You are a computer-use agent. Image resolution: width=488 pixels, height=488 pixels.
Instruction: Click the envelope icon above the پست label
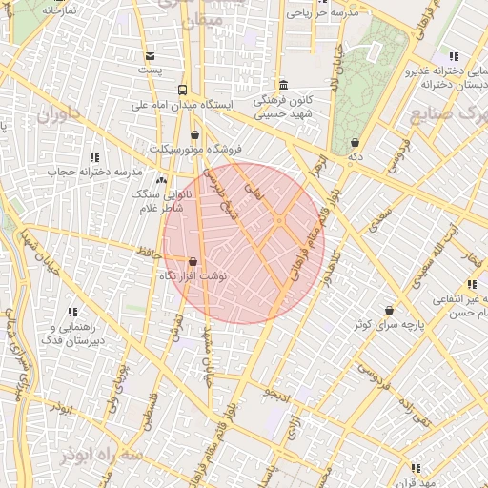tap(150, 56)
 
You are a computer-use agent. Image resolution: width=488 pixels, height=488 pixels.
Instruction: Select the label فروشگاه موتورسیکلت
tap(195, 149)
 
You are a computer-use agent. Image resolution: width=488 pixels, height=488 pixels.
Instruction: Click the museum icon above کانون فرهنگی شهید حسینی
tap(283, 84)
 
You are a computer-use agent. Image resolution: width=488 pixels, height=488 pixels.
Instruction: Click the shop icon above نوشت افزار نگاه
tap(193, 261)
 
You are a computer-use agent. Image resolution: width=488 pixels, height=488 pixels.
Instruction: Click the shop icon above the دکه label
tap(355, 142)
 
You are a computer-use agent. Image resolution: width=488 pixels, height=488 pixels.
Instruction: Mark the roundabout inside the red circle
tap(278, 221)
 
